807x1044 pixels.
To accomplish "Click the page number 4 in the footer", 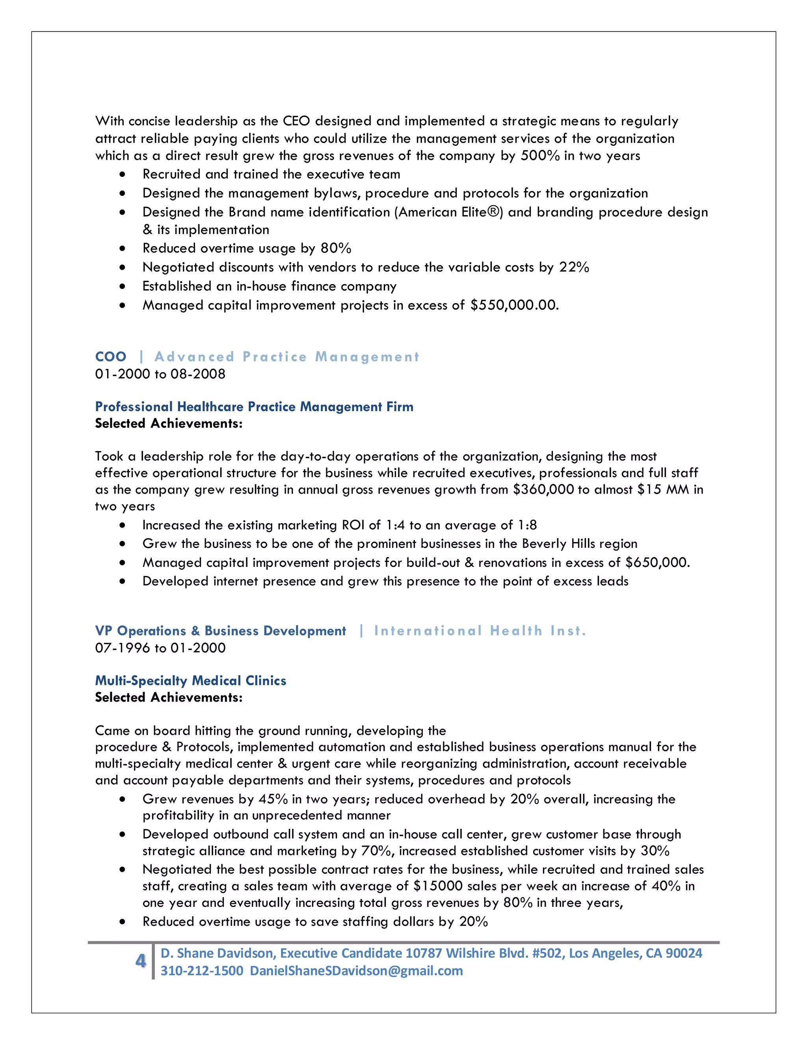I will pyautogui.click(x=140, y=960).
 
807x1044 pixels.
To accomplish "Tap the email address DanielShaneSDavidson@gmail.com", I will pyautogui.click(x=356, y=971).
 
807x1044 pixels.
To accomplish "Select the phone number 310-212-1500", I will pyautogui.click(x=202, y=971).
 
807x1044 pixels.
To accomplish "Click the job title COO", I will pyautogui.click(x=110, y=357).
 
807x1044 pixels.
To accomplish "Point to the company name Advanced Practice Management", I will pyautogui.click(x=286, y=357).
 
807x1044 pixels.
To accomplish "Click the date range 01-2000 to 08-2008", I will pyautogui.click(x=160, y=374).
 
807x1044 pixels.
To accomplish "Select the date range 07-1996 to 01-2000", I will pyautogui.click(x=160, y=648).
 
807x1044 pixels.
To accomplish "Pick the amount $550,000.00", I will pyautogui.click(x=514, y=305).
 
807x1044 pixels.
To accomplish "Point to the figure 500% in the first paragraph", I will pyautogui.click(x=540, y=156).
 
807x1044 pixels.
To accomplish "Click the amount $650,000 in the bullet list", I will pyautogui.click(x=656, y=563).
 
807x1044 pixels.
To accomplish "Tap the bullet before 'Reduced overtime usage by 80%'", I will pyautogui.click(x=123, y=249).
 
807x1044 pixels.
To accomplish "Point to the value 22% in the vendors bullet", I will pyautogui.click(x=574, y=267).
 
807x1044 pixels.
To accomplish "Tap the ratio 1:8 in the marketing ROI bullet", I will pyautogui.click(x=527, y=525).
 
